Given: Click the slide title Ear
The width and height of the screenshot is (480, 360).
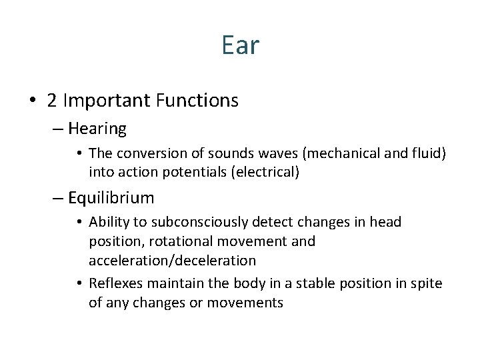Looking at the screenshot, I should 240,46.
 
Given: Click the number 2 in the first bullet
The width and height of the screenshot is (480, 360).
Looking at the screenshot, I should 52,101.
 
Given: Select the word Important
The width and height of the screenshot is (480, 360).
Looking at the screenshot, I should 107,101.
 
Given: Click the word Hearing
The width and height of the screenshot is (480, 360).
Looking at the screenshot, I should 97,128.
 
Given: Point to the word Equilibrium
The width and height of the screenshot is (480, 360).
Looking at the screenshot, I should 111,198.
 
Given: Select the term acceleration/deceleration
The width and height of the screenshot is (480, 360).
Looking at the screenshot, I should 172,260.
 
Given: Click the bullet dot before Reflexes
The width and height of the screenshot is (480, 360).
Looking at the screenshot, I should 79,284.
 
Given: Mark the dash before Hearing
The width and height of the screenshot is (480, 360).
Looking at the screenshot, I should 58,128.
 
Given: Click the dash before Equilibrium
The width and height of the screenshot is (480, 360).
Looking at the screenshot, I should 58,198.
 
